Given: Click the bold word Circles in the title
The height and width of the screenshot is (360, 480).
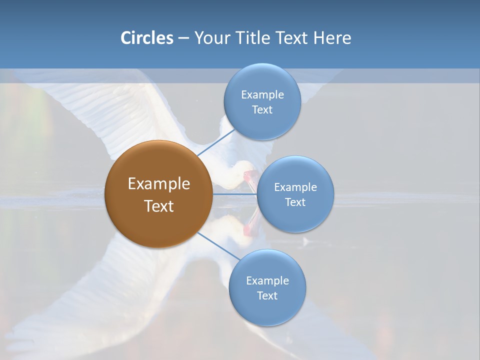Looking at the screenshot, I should point(146,38).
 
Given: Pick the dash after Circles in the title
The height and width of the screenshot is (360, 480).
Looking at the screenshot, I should point(183,38).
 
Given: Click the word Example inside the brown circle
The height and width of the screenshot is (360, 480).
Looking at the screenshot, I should point(158,184).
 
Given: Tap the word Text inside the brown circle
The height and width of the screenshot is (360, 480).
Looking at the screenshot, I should point(158,206).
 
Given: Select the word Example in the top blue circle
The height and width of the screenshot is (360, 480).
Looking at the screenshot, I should point(262,95).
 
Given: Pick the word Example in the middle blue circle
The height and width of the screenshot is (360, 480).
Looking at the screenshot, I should point(295,187).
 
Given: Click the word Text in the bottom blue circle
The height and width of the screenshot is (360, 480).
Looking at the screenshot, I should point(267,296).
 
